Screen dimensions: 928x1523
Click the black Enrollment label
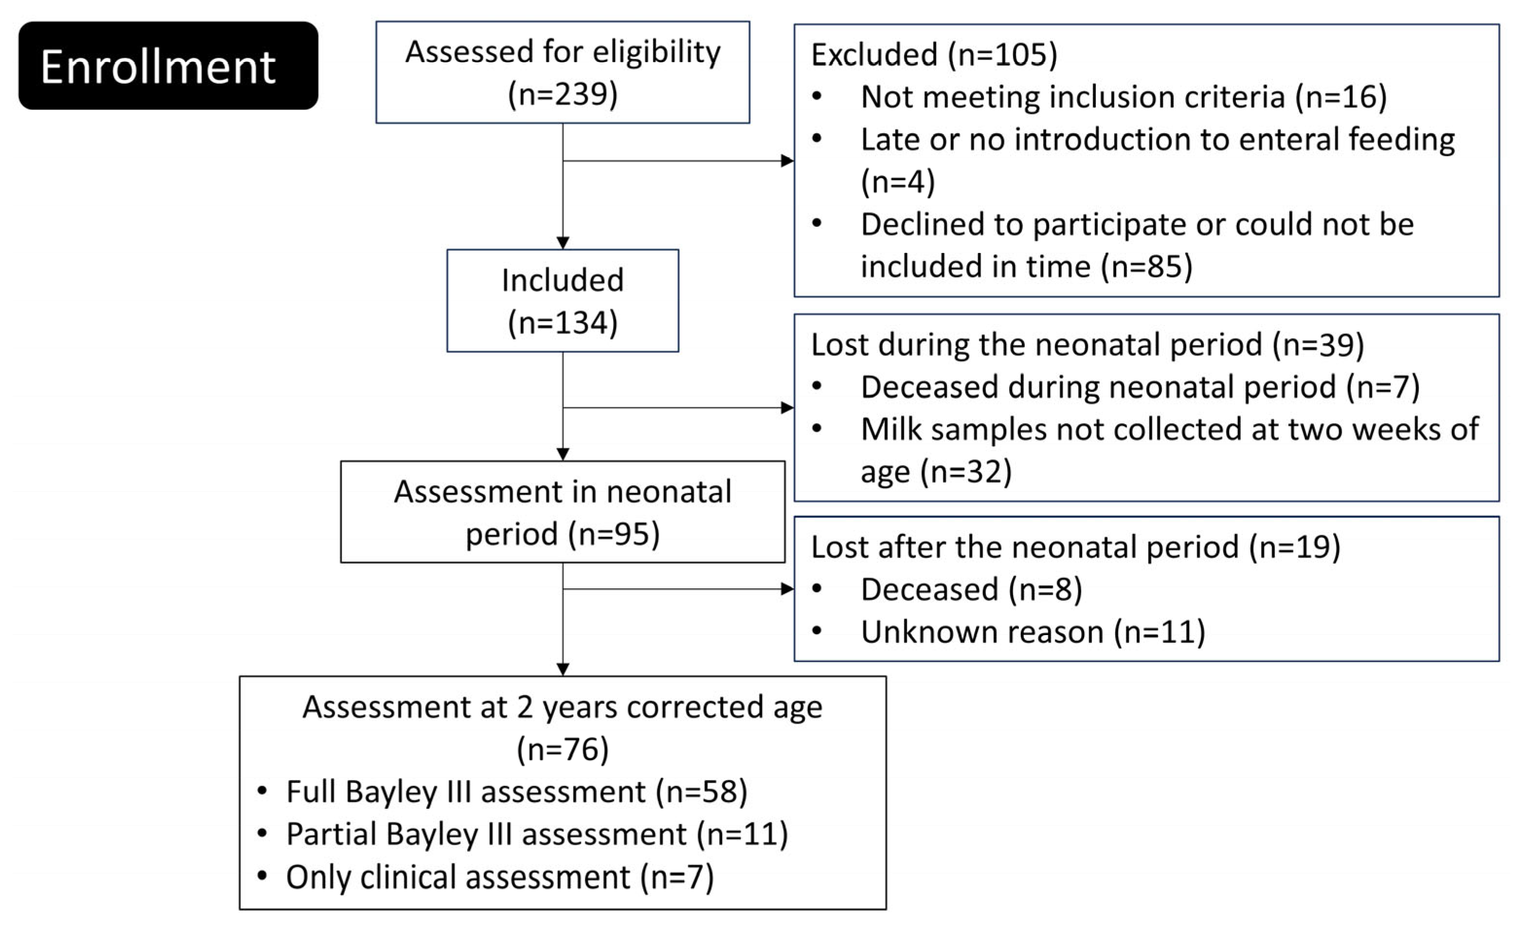click(168, 66)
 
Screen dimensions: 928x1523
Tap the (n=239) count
click(562, 94)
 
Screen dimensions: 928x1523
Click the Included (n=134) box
click(562, 301)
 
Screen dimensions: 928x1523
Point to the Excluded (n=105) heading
click(934, 55)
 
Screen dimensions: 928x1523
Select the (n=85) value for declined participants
click(1146, 267)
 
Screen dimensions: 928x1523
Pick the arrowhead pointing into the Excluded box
click(787, 161)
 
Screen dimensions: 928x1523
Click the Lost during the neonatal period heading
click(1087, 345)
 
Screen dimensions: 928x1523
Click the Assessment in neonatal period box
click(562, 512)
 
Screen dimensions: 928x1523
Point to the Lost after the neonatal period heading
click(1075, 547)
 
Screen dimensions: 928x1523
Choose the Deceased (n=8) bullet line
click(971, 590)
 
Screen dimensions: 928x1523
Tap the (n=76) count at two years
click(562, 750)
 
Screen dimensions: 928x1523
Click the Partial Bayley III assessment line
click(537, 835)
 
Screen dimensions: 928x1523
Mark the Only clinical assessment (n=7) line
click(499, 877)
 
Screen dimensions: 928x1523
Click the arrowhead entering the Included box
click(562, 243)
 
